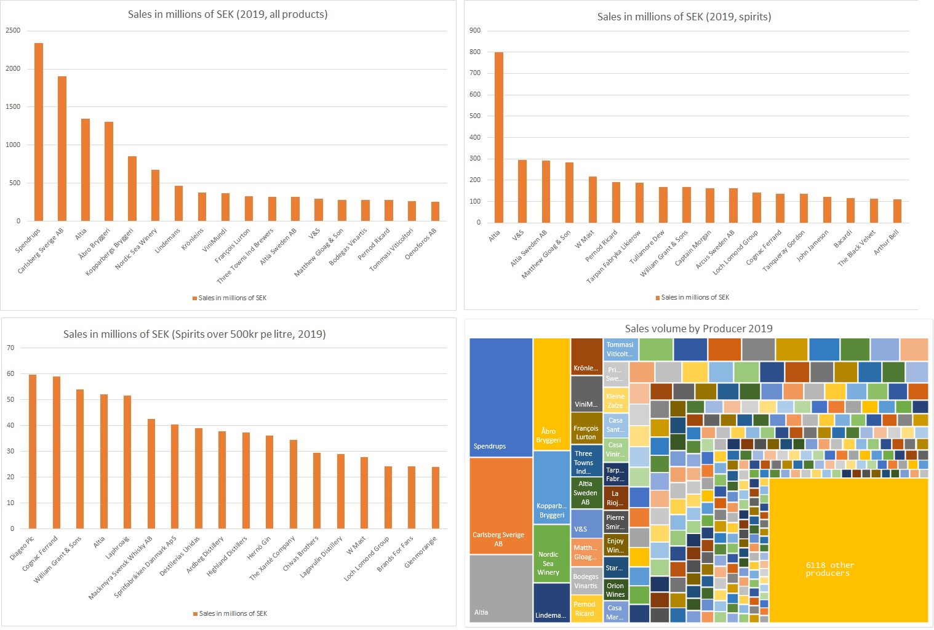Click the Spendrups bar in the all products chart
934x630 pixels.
coord(39,132)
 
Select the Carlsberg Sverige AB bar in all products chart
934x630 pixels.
coord(62,148)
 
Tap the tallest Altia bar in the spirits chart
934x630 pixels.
coord(499,137)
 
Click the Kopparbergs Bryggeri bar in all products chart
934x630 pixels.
coord(132,188)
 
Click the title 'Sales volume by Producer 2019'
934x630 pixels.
coord(698,329)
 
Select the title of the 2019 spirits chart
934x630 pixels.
coord(684,17)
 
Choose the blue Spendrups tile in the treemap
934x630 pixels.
coord(501,397)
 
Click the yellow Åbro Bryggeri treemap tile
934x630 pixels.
coord(551,394)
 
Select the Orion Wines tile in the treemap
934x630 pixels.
coord(615,589)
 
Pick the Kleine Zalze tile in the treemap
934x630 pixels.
coord(615,400)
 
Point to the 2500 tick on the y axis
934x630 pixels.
coord(13,30)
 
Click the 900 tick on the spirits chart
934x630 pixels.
coord(474,30)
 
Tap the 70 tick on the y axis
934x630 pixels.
coord(10,348)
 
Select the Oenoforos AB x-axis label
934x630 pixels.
coord(421,244)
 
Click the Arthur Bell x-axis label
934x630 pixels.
coord(887,242)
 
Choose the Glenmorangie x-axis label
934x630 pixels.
coord(421,552)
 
